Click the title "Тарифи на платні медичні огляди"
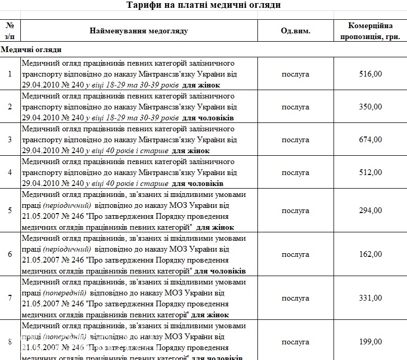tap(204, 5)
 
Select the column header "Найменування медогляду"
tap(139, 31)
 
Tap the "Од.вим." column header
tap(295, 31)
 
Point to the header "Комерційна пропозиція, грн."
tap(371, 31)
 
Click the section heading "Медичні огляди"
tap(31, 49)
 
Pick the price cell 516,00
tap(371, 74)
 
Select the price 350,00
tap(371, 107)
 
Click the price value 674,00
tap(371, 140)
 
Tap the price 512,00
tap(371, 172)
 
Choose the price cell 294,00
tap(371, 210)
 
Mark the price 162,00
tap(371, 254)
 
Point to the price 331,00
tap(371, 298)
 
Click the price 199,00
tap(371, 342)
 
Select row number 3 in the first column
tap(10, 140)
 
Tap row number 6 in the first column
tap(10, 254)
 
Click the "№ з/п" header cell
tap(10, 31)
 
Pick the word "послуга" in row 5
tap(295, 210)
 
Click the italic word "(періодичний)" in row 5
tap(67, 205)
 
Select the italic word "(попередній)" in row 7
tap(65, 293)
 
